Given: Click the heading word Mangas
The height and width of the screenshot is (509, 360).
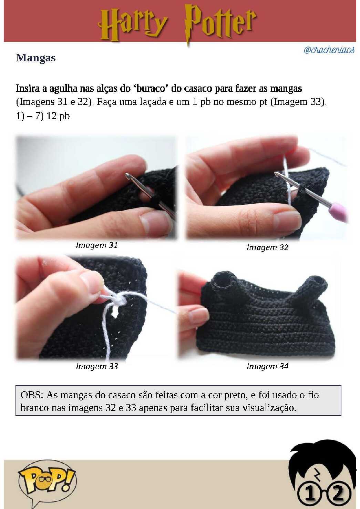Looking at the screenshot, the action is (36, 58).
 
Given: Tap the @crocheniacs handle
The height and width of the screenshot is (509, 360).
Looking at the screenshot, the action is (329, 50).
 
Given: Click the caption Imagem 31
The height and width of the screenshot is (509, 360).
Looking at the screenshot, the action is (97, 245).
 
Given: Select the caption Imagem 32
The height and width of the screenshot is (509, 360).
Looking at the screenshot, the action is (267, 247).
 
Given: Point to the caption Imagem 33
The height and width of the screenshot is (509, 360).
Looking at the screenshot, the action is (97, 366).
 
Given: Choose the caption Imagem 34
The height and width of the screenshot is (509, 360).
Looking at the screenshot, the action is (268, 366).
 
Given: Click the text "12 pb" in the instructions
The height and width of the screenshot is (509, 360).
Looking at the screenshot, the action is (58, 116).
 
